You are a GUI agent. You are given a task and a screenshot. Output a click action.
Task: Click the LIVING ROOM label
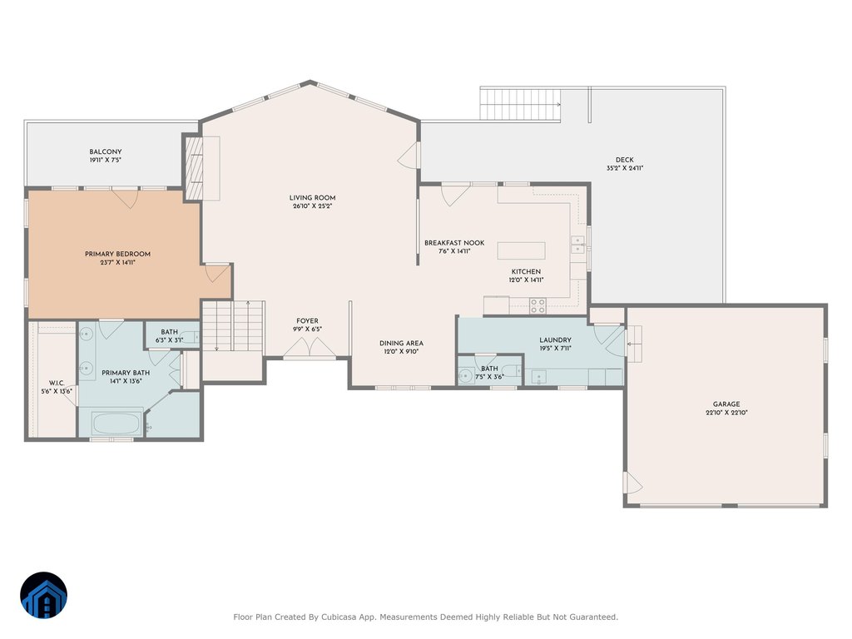pyautogui.click(x=312, y=198)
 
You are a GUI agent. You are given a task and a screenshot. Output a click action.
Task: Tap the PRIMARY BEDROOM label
pyautogui.click(x=117, y=254)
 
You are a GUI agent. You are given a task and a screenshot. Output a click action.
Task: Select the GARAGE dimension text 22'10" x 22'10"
pyautogui.click(x=726, y=413)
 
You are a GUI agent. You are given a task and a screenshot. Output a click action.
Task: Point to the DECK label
pyautogui.click(x=624, y=160)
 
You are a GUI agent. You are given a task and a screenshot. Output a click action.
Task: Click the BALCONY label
pyautogui.click(x=106, y=151)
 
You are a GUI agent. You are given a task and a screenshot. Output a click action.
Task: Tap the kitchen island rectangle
pyautogui.click(x=521, y=250)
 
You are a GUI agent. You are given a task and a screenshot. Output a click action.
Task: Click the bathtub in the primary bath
pyautogui.click(x=116, y=424)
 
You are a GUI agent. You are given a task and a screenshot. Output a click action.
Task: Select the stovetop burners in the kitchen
pyautogui.click(x=537, y=306)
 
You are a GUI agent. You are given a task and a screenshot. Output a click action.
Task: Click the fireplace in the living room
pyautogui.click(x=194, y=168)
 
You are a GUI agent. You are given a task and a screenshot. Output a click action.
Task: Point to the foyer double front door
pyautogui.click(x=310, y=349)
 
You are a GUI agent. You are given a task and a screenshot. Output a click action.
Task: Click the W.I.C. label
pyautogui.click(x=57, y=383)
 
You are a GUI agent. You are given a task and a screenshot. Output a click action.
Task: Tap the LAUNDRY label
pyautogui.click(x=555, y=339)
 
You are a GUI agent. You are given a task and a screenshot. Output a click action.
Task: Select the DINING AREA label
pyautogui.click(x=401, y=343)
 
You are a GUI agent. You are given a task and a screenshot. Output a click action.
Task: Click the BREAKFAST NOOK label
pyautogui.click(x=454, y=243)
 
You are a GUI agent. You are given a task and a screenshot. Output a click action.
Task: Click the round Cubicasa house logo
pyautogui.click(x=43, y=595)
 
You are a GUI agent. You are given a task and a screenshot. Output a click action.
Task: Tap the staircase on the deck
pyautogui.click(x=520, y=104)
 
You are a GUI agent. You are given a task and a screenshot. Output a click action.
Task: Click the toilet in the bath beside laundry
pyautogui.click(x=512, y=371)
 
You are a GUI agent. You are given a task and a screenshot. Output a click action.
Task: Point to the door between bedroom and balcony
pyautogui.click(x=125, y=198)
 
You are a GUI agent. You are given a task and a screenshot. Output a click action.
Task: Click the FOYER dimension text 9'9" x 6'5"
pyautogui.click(x=307, y=329)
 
